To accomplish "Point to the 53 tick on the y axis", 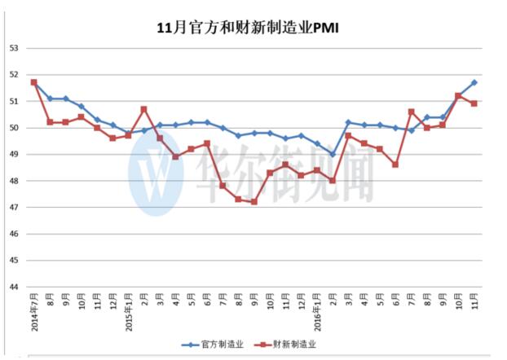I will [x=14, y=48].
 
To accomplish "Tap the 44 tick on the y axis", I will [x=14, y=288].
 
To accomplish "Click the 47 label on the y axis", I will [x=14, y=208].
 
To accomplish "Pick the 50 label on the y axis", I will [x=14, y=128].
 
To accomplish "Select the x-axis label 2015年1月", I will [x=129, y=314].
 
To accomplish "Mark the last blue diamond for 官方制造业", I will [x=474, y=82].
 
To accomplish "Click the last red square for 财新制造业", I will [x=474, y=103].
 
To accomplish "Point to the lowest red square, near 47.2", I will [x=254, y=202].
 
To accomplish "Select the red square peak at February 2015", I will [x=144, y=109].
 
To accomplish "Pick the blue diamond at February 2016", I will [x=333, y=154].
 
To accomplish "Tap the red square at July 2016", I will [x=412, y=112].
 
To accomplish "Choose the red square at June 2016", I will [x=395, y=165].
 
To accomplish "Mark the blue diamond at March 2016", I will [x=348, y=122].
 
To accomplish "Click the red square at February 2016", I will [x=333, y=181].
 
